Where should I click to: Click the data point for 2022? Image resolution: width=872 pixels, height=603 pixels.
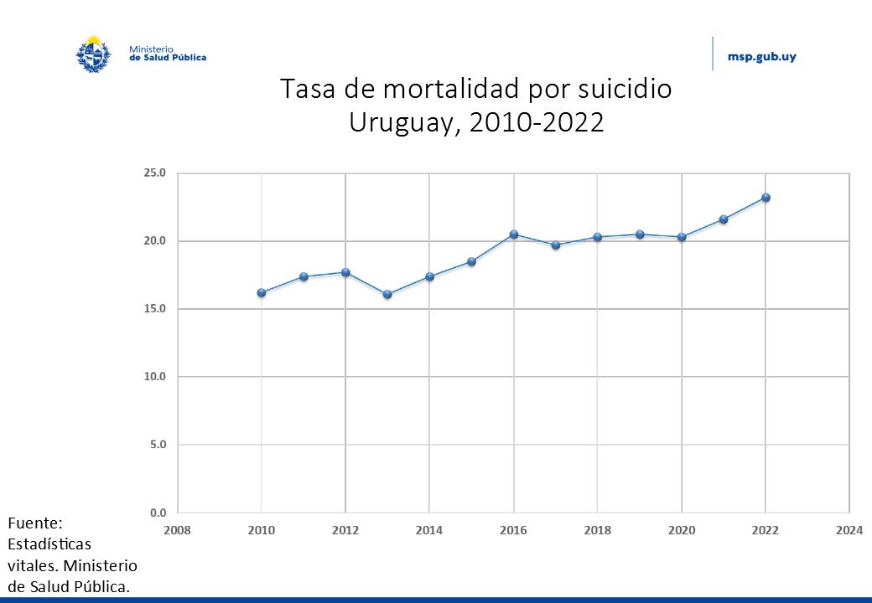click(x=766, y=198)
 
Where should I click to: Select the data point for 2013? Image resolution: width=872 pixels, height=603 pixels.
click(x=387, y=294)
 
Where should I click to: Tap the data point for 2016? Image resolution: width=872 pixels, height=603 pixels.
click(x=514, y=234)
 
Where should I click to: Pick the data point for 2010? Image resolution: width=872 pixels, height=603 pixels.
click(x=262, y=293)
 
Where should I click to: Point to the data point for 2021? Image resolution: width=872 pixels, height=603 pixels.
click(x=724, y=219)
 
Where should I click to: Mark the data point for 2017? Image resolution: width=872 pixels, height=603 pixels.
click(x=556, y=245)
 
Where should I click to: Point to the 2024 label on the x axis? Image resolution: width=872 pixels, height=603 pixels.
click(x=849, y=530)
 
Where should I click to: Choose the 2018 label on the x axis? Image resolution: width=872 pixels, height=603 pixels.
click(x=598, y=530)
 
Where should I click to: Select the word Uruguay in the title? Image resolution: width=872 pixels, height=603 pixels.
click(x=405, y=122)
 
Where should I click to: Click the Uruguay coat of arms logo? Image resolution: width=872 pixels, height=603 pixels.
click(x=93, y=54)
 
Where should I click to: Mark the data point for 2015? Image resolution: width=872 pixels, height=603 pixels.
click(x=472, y=262)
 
